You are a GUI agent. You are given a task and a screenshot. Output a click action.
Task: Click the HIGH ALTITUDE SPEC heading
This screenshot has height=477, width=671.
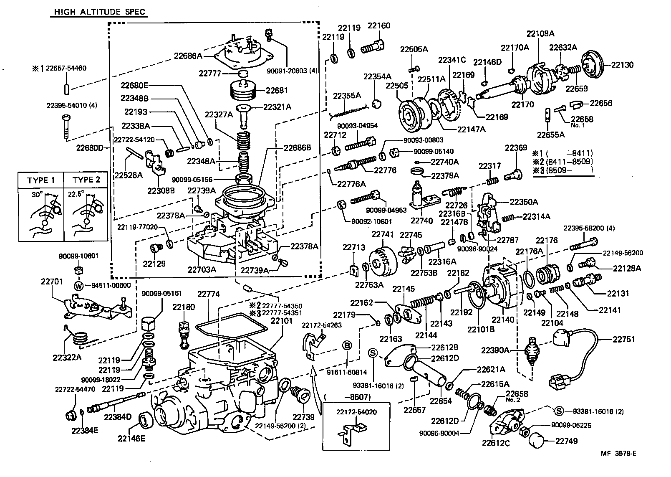pos(99,12)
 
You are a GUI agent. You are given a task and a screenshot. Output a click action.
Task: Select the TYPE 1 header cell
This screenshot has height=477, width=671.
pos(41,180)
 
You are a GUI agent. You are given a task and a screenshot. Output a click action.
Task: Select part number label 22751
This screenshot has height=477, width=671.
pos(624,339)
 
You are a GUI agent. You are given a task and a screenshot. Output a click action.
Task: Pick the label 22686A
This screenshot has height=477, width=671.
pos(188,55)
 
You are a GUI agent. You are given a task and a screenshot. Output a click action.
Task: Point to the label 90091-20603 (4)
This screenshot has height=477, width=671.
pos(293,71)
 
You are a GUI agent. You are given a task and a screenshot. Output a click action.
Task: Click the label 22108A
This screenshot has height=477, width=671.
pos(540,34)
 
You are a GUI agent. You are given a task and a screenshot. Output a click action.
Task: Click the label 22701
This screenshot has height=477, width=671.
pos(51,282)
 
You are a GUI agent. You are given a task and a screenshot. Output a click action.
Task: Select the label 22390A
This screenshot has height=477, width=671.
pos(495,350)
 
